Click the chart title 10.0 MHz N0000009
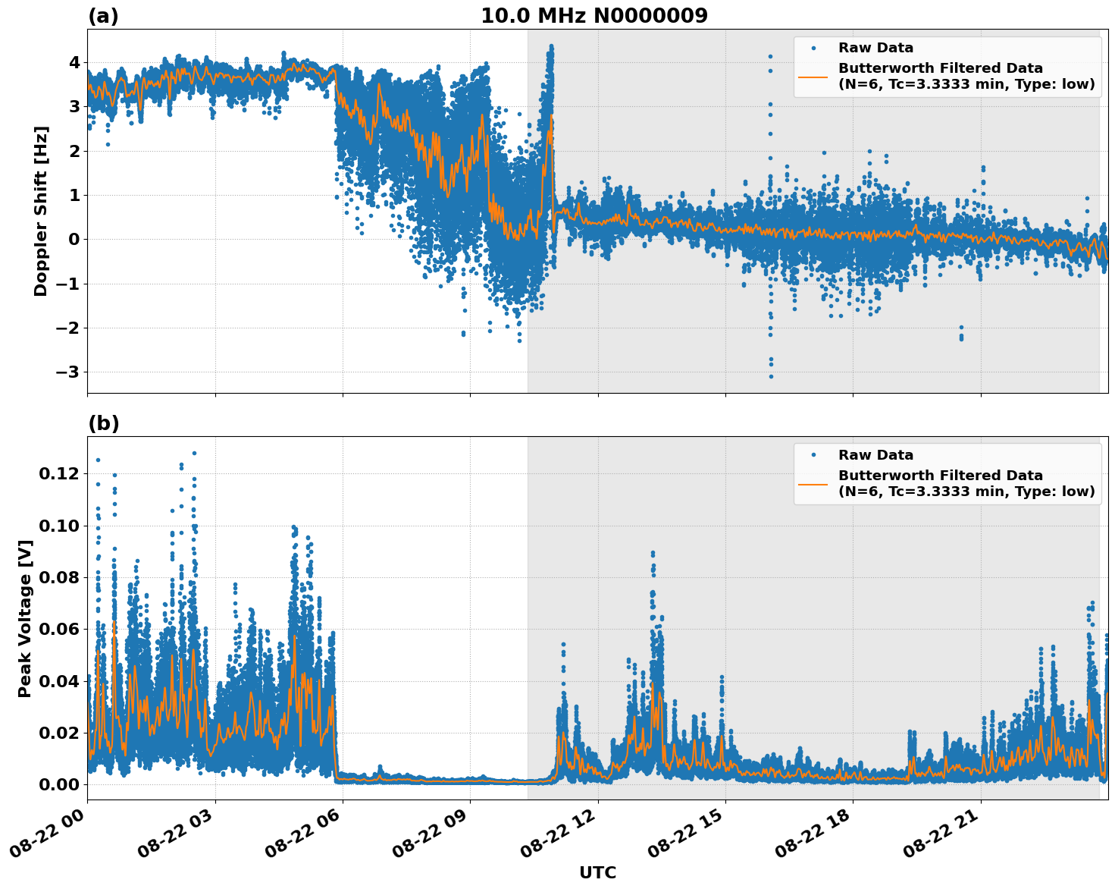594,16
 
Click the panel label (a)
103,16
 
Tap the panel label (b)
104,423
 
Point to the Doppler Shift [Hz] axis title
41,211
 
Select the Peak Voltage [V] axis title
25,618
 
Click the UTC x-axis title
597,872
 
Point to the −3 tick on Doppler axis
66,372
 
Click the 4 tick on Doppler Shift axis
74,62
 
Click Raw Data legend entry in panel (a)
875,48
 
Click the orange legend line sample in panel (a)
813,76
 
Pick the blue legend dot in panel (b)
813,455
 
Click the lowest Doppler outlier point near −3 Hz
771,376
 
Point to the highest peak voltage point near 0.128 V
194,453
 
